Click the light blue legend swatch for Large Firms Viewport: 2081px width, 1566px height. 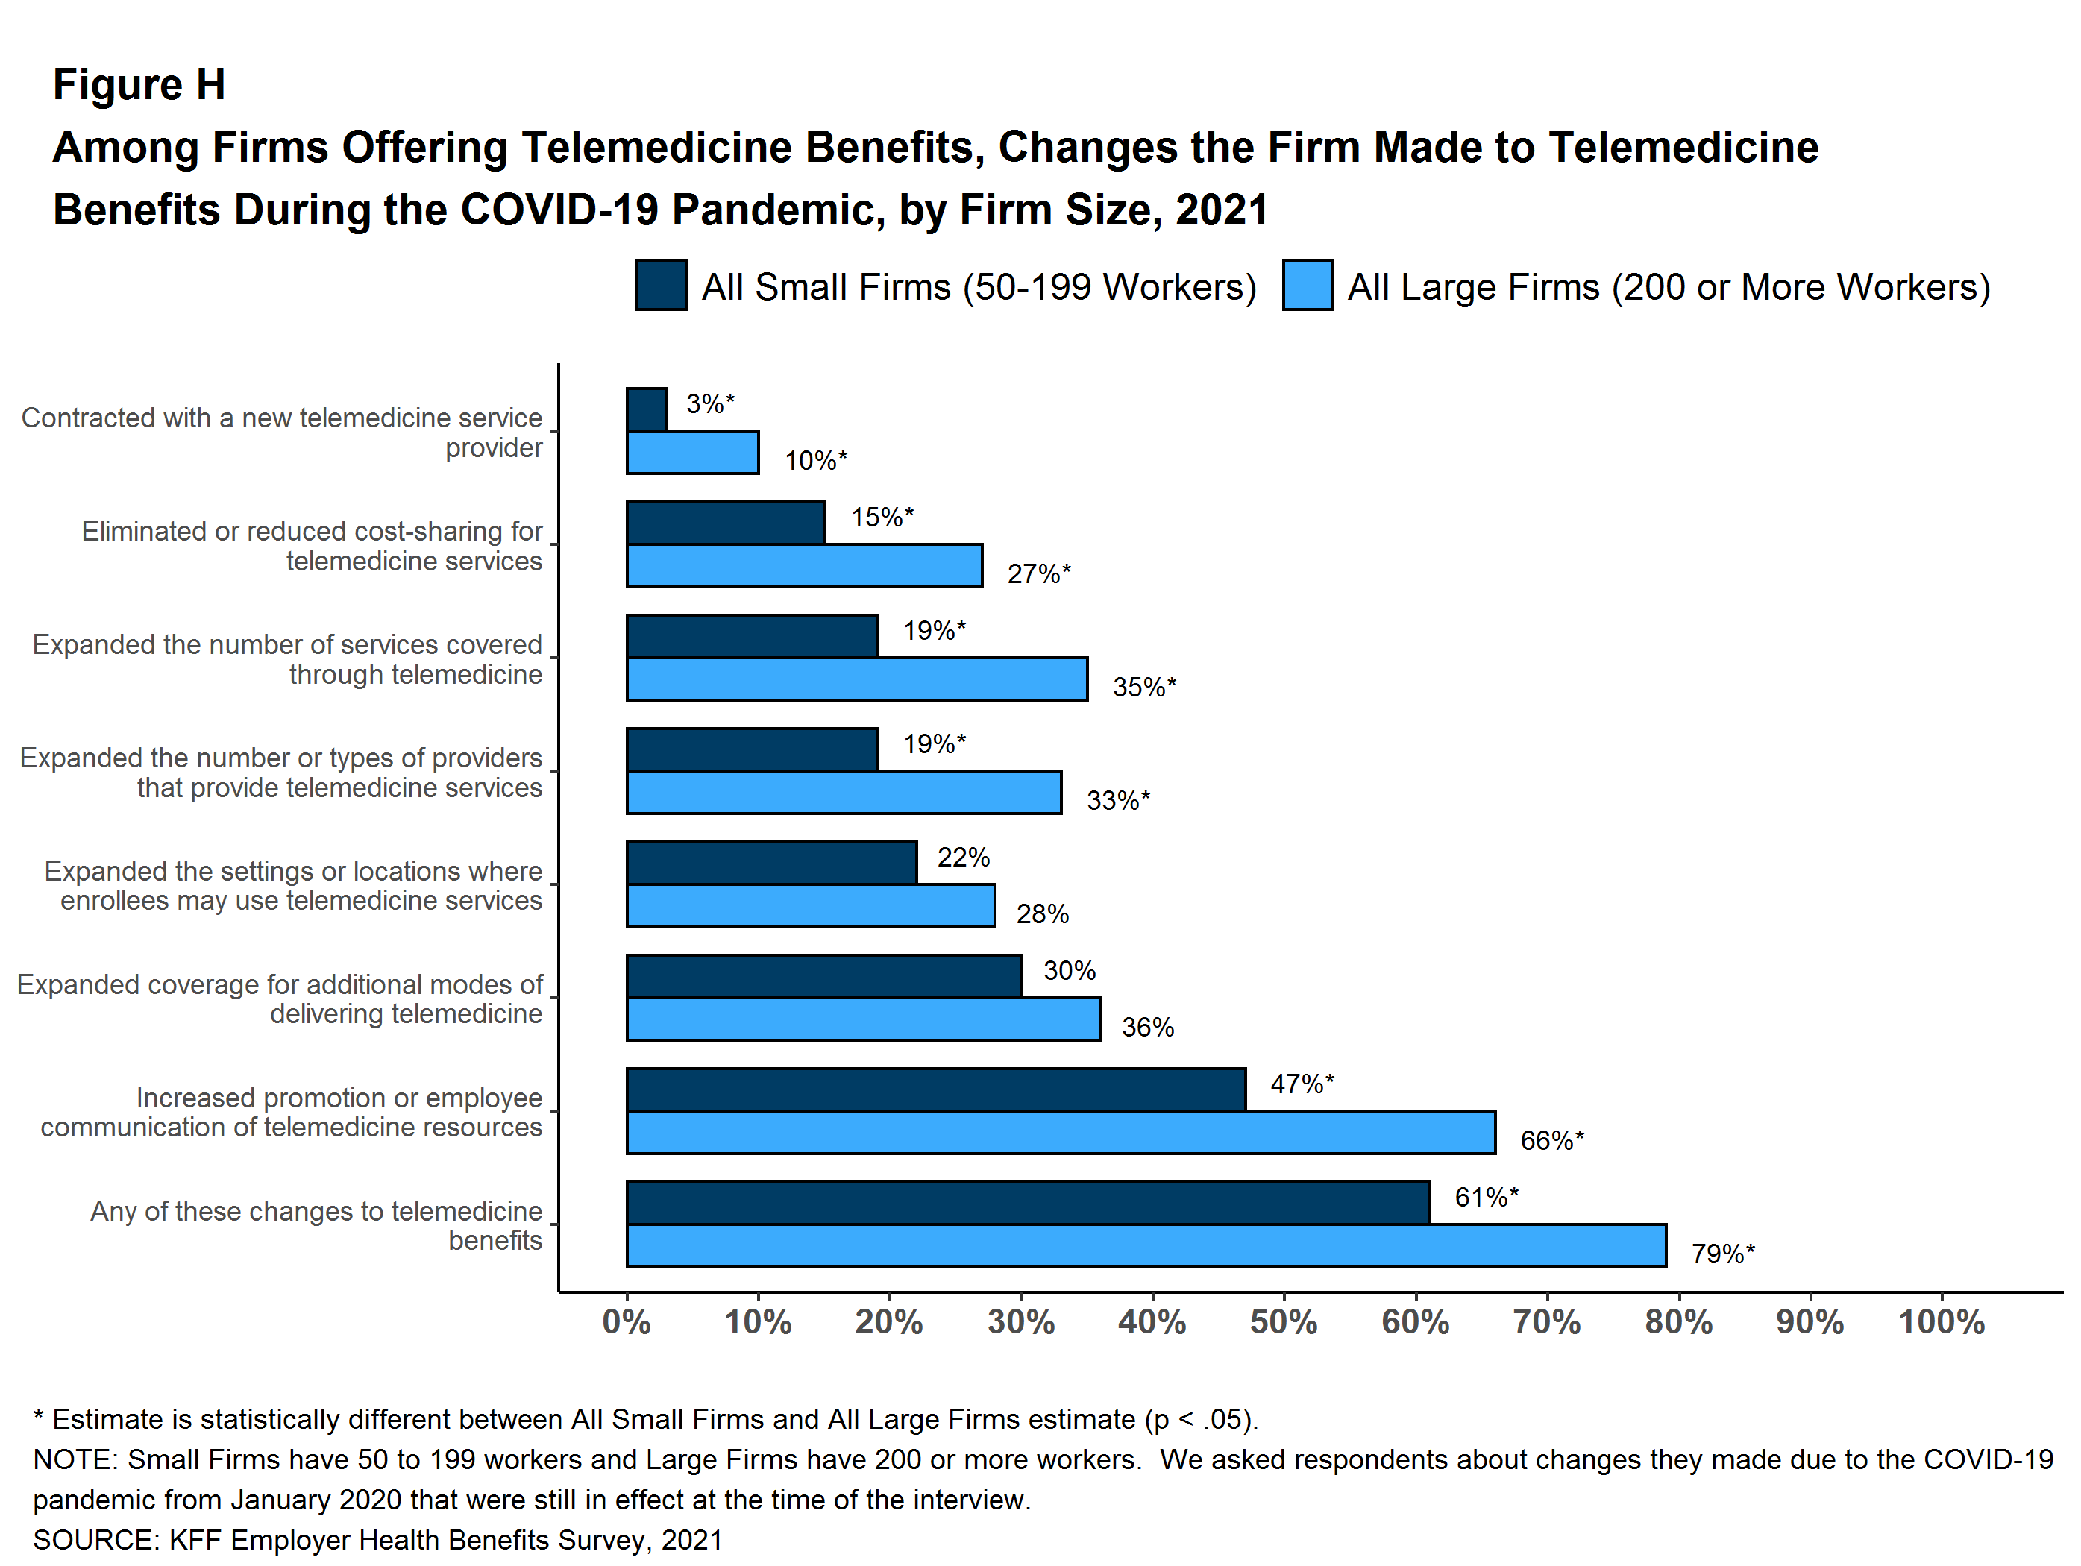1307,285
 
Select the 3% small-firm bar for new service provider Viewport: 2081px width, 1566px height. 647,409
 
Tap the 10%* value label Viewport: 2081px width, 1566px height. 816,461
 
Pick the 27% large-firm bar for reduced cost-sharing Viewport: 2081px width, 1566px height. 804,565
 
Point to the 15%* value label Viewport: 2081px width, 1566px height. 882,518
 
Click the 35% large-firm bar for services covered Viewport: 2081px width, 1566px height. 857,679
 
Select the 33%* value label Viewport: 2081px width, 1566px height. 1117,800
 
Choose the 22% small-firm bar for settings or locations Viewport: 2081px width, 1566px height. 771,863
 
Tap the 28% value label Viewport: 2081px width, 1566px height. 1043,914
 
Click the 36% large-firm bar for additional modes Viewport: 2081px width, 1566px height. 864,1019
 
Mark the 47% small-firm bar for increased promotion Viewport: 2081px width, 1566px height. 936,1089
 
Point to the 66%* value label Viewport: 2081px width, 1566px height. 1551,1141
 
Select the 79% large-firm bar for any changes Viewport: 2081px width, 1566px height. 1146,1245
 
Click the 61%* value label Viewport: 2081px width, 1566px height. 1486,1198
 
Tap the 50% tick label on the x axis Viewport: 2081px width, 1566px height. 1283,1322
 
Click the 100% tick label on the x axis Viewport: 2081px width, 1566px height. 1941,1322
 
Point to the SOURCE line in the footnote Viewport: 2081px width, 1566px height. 377,1540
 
